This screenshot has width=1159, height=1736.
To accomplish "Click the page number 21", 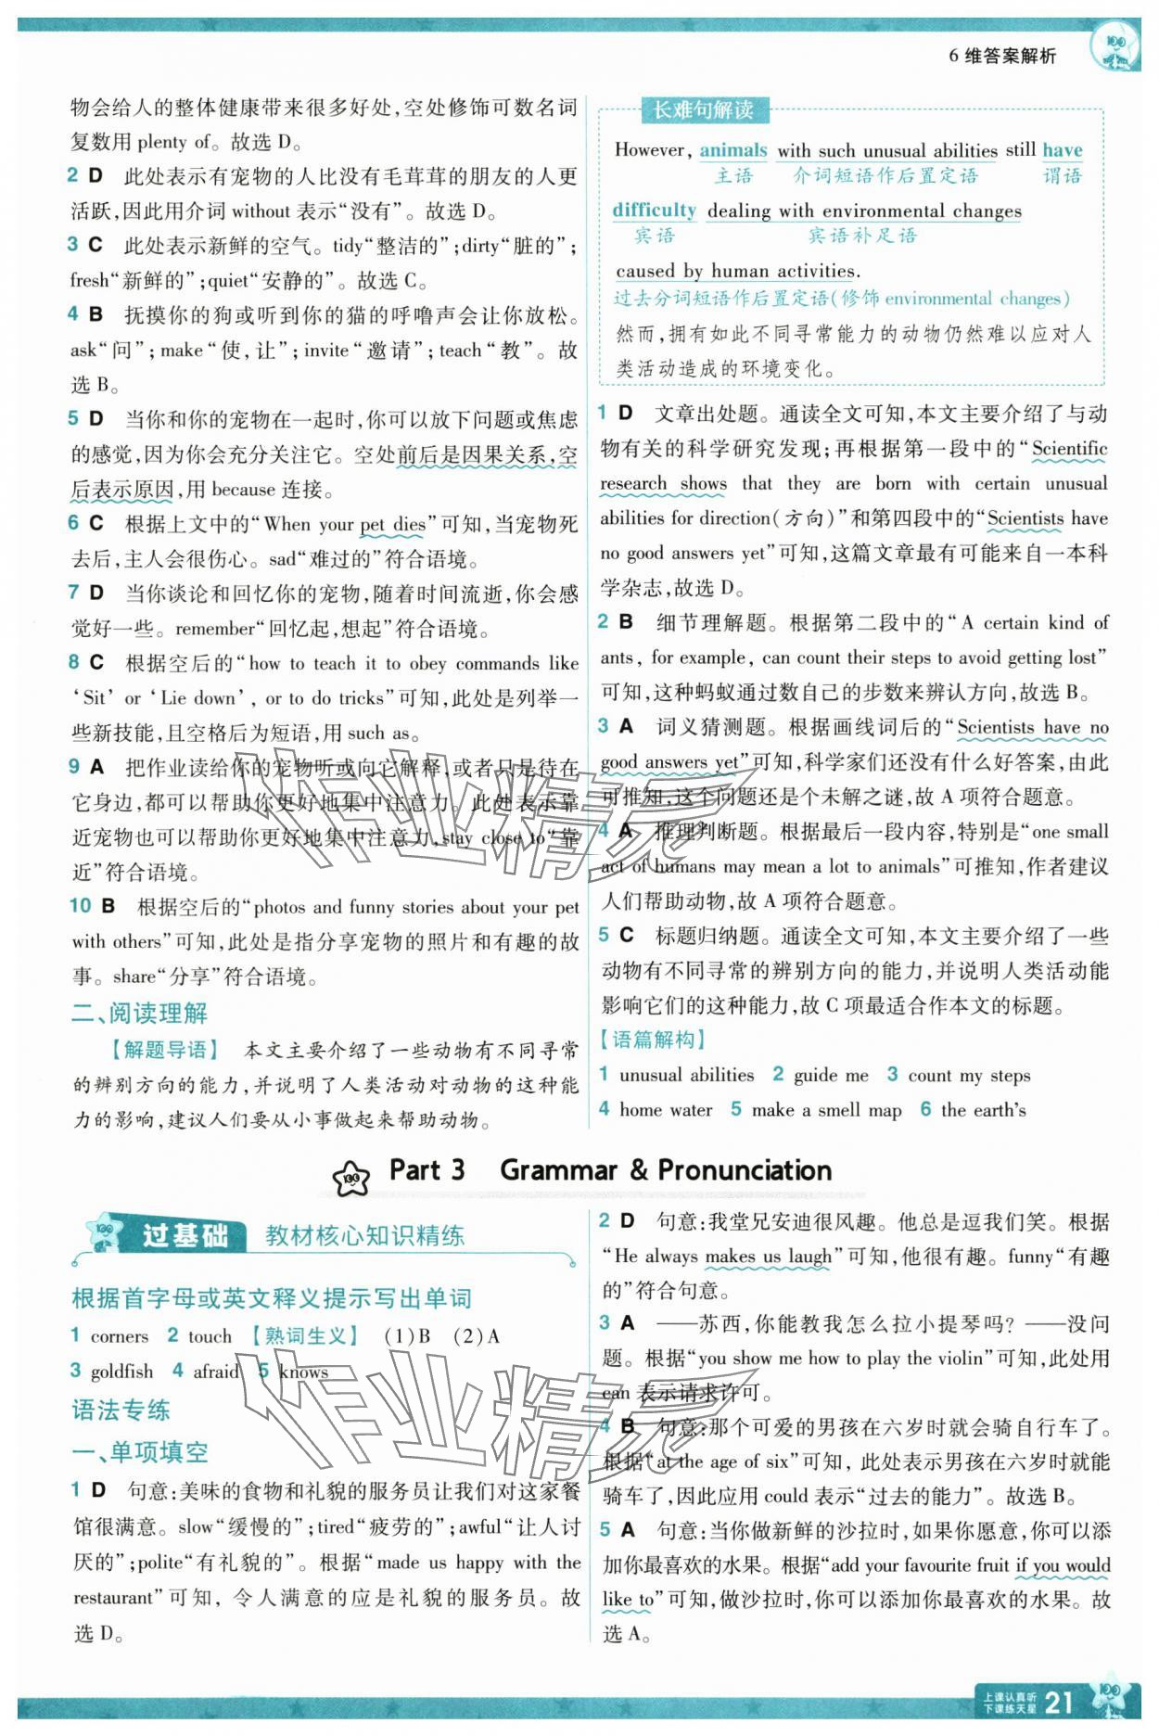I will [x=1058, y=1702].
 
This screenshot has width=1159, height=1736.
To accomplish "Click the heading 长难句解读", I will [x=703, y=110].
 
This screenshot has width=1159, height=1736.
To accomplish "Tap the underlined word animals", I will [x=732, y=150].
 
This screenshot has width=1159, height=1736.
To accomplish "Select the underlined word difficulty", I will [x=654, y=211].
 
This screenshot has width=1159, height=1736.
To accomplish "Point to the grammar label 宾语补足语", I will [x=862, y=236].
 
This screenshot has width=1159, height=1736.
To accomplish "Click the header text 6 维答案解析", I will [x=1001, y=56].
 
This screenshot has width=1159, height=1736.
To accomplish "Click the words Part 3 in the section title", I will [x=427, y=1170].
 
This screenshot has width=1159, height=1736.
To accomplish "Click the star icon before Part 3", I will [x=351, y=1176].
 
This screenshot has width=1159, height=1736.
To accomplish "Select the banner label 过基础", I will [x=185, y=1236].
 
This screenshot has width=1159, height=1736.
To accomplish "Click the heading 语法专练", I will [x=121, y=1410].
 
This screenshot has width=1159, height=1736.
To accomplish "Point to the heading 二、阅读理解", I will [x=139, y=1013].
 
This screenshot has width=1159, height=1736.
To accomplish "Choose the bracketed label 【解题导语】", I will [x=164, y=1050].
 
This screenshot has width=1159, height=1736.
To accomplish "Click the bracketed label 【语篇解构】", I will [x=654, y=1040].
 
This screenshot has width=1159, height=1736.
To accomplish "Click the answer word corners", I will [x=119, y=1336].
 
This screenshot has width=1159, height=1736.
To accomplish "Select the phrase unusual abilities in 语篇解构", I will [x=686, y=1075].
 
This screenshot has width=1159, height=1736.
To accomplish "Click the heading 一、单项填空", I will [x=139, y=1452].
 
